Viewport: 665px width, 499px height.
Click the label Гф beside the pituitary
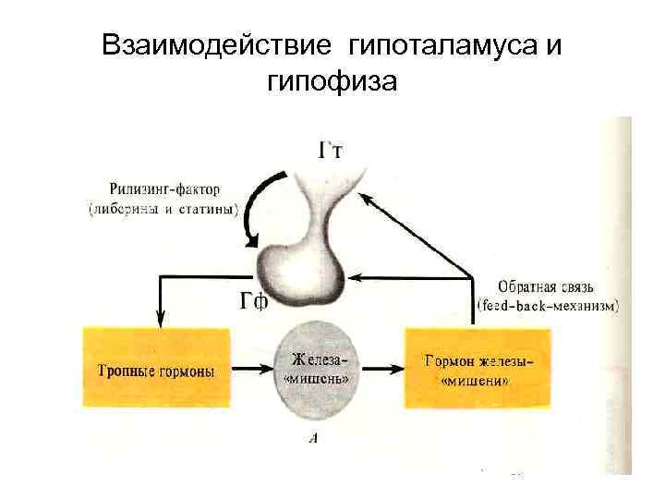pyautogui.click(x=254, y=301)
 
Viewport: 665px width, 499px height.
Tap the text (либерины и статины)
pyautogui.click(x=163, y=208)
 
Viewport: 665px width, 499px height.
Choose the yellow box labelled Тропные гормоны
pyautogui.click(x=157, y=367)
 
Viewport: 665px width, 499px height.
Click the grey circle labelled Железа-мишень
pyautogui.click(x=320, y=368)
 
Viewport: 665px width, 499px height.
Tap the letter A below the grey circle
pyautogui.click(x=313, y=438)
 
